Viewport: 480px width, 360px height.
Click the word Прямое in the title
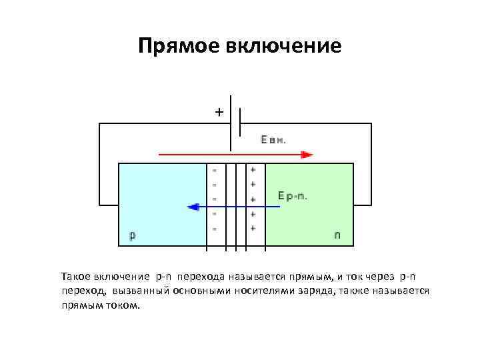178,45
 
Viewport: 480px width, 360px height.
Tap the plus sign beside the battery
219,112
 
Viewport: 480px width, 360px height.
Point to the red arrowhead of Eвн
307,155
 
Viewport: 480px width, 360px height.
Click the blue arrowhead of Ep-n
193,207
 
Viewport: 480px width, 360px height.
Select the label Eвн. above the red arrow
273,141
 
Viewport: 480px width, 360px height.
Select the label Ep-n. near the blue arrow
292,196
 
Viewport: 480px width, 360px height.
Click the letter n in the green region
337,235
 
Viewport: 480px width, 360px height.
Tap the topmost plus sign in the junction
253,170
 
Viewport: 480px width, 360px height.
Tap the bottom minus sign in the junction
215,228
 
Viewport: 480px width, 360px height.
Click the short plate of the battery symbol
240,123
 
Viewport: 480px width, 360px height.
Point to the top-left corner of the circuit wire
99,123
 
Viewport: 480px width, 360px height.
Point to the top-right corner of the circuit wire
371,123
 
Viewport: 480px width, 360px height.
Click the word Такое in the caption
75,276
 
